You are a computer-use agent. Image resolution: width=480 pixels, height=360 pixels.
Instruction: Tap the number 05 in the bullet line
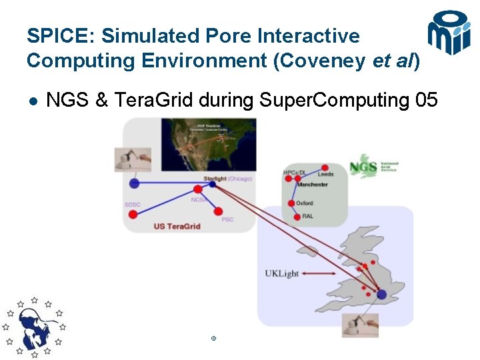click(426, 101)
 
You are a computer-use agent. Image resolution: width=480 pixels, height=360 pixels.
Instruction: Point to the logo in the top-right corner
click(449, 33)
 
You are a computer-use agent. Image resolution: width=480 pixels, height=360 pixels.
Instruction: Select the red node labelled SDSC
click(133, 214)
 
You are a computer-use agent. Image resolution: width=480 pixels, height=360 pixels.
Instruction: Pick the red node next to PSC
click(218, 211)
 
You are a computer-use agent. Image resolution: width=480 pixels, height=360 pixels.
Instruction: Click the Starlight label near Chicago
click(215, 179)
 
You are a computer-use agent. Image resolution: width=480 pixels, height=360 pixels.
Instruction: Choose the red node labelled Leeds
click(325, 167)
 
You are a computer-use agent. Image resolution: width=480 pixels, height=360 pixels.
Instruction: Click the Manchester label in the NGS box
click(312, 185)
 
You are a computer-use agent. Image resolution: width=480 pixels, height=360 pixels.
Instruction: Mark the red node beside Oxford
click(291, 203)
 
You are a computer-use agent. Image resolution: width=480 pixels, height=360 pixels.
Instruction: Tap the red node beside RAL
click(294, 216)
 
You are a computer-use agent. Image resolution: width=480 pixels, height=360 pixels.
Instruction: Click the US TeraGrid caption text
click(177, 226)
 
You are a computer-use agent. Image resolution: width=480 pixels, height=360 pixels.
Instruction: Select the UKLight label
click(281, 273)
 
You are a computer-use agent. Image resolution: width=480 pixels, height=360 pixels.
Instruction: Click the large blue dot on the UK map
click(381, 294)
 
